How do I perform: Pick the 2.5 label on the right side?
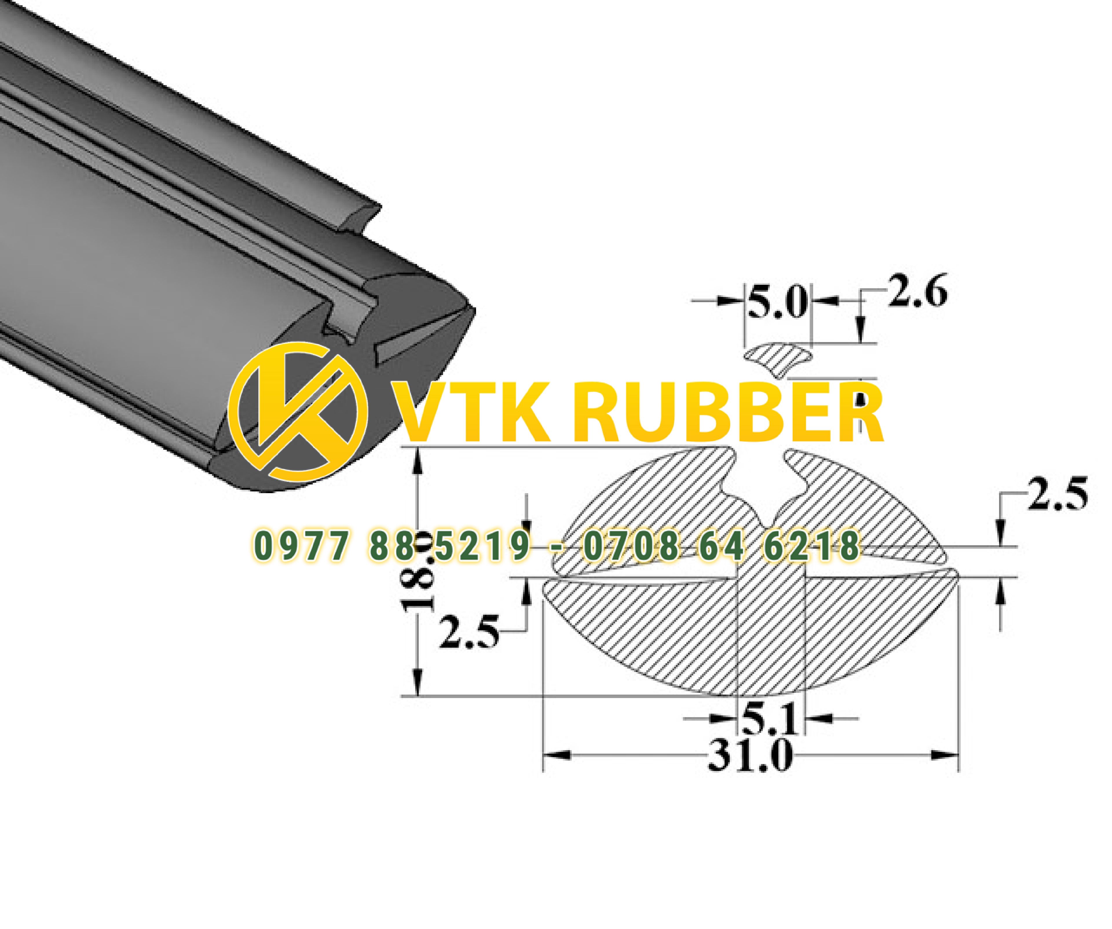[x=1057, y=494]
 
